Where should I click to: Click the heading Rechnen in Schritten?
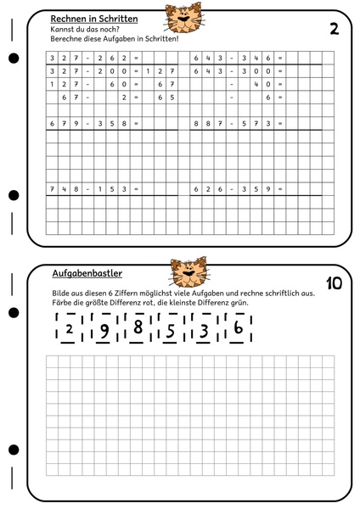pyautogui.click(x=93, y=18)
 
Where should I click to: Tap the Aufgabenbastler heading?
pyautogui.click(x=87, y=274)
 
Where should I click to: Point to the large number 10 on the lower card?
pyautogui.click(x=334, y=282)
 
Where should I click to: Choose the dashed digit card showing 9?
pyautogui.click(x=104, y=329)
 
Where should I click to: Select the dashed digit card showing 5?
pyautogui.click(x=171, y=329)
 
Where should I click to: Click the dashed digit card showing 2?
pyautogui.click(x=69, y=329)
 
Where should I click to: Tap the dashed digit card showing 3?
pyautogui.click(x=205, y=329)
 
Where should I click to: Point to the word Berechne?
pyautogui.click(x=67, y=39)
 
